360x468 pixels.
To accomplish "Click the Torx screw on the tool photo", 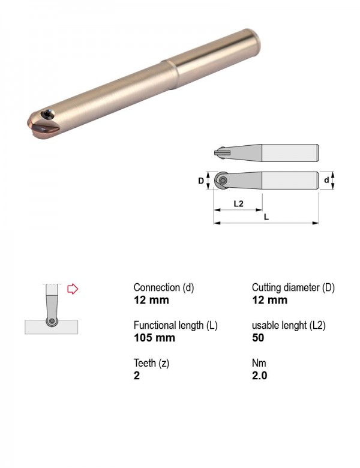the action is [47, 114].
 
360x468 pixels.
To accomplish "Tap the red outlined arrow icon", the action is [73, 289].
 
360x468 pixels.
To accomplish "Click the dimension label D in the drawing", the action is [201, 181].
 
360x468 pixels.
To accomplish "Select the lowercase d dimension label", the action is [326, 180].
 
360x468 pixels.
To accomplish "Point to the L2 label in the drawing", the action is [238, 204].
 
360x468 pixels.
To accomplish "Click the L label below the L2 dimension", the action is [266, 217].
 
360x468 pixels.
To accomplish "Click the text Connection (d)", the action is [164, 287].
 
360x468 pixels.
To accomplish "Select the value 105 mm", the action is [154, 338].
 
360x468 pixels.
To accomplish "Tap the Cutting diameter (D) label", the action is [293, 287].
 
